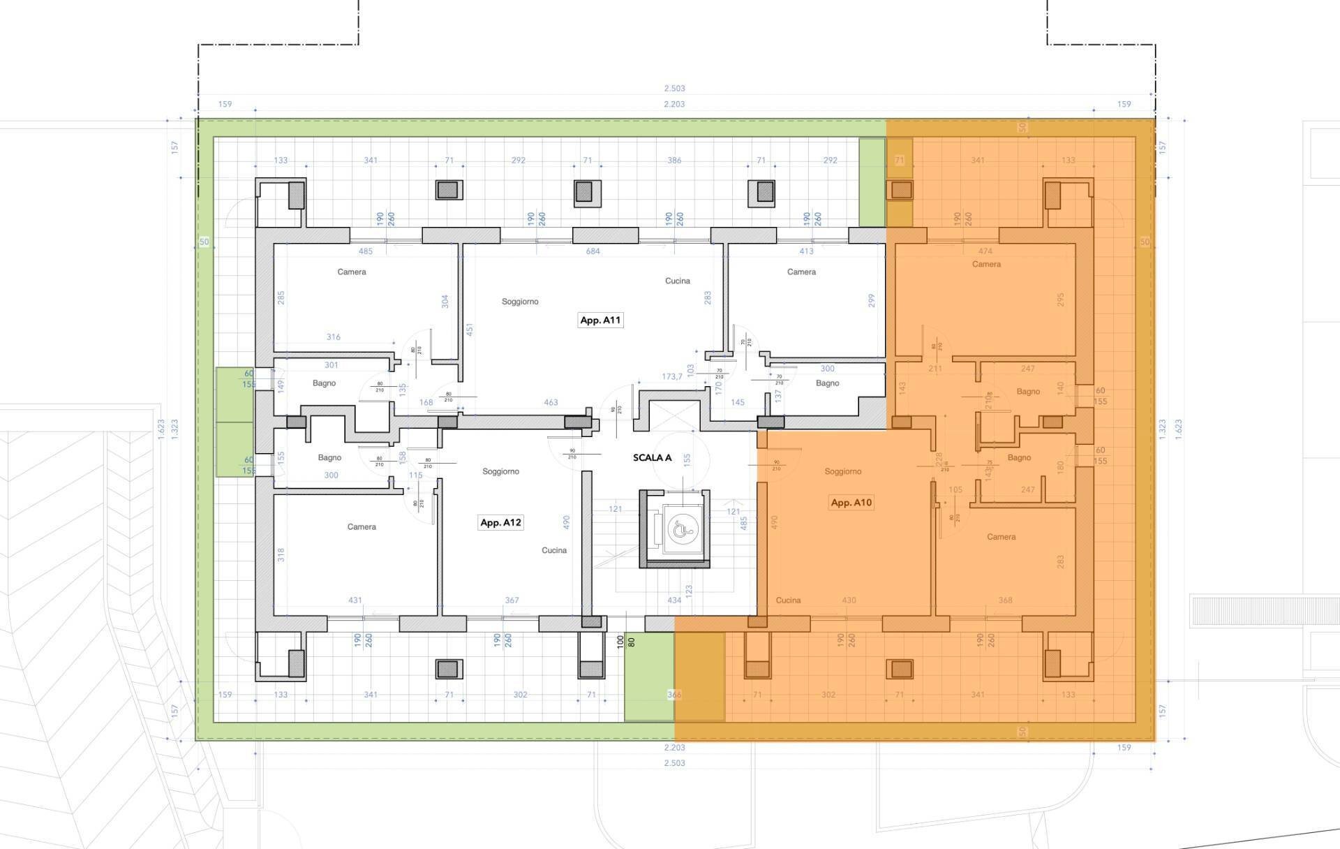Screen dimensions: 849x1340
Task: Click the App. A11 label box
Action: [600, 320]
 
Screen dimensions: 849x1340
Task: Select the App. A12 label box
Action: [500, 522]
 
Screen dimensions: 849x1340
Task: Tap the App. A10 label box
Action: [851, 502]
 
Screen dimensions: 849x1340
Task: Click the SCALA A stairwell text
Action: [652, 458]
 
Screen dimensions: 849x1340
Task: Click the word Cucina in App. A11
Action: [677, 281]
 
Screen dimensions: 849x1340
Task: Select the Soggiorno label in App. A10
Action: [842, 471]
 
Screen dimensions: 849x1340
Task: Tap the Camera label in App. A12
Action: [362, 526]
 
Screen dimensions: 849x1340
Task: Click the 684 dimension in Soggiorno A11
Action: [593, 251]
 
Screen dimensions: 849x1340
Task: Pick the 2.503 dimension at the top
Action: [674, 89]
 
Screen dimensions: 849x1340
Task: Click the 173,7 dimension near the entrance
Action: [672, 376]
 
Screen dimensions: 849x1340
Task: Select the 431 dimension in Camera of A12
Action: [355, 600]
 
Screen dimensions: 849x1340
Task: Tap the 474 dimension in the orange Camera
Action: [985, 251]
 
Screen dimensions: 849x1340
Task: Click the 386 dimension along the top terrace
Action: [674, 160]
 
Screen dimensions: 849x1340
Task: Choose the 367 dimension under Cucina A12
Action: [512, 600]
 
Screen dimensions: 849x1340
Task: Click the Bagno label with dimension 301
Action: [324, 383]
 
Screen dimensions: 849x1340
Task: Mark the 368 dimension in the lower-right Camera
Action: [1005, 600]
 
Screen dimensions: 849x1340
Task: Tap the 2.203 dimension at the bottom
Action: [674, 748]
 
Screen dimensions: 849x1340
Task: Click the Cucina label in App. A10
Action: [788, 600]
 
